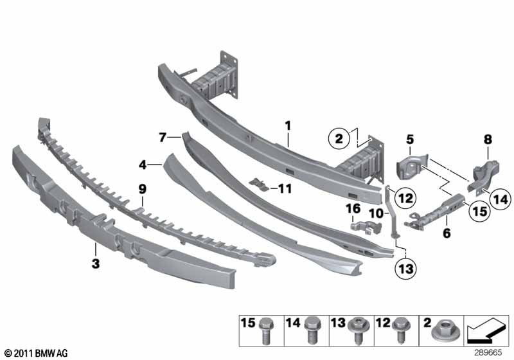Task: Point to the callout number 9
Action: pyautogui.click(x=143, y=189)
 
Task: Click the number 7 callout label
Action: pyautogui.click(x=163, y=137)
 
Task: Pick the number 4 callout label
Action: pyautogui.click(x=142, y=165)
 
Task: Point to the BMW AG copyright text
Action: pyautogui.click(x=38, y=352)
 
